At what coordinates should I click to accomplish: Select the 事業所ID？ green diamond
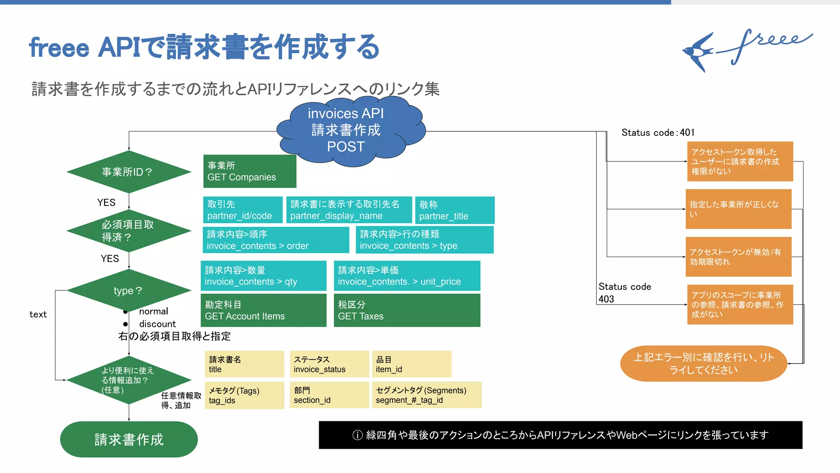pyautogui.click(x=129, y=172)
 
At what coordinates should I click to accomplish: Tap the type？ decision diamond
pyautogui.click(x=129, y=290)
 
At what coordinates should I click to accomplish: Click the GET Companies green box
pyautogui.click(x=249, y=171)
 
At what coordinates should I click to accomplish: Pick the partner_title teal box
pyautogui.click(x=454, y=210)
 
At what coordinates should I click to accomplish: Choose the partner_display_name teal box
pyautogui.click(x=349, y=210)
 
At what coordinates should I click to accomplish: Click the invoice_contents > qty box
pyautogui.click(x=263, y=276)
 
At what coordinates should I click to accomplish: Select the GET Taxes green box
pyautogui.click(x=406, y=310)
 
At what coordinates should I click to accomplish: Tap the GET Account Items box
pyautogui.click(x=263, y=310)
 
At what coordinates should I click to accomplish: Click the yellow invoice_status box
pyautogui.click(x=329, y=364)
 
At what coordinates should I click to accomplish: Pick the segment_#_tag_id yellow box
pyautogui.click(x=426, y=395)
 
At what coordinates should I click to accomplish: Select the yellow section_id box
pyautogui.click(x=329, y=395)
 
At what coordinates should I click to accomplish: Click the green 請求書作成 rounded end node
pyautogui.click(x=129, y=439)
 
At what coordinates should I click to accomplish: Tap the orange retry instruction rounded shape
pyautogui.click(x=703, y=363)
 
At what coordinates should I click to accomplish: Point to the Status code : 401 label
pyautogui.click(x=657, y=132)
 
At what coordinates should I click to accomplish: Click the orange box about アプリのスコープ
pyautogui.click(x=740, y=304)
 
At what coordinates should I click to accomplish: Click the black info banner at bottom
pyautogui.click(x=560, y=435)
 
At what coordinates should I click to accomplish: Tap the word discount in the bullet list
pyautogui.click(x=157, y=324)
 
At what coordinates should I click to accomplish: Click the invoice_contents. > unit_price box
pyautogui.click(x=406, y=276)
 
